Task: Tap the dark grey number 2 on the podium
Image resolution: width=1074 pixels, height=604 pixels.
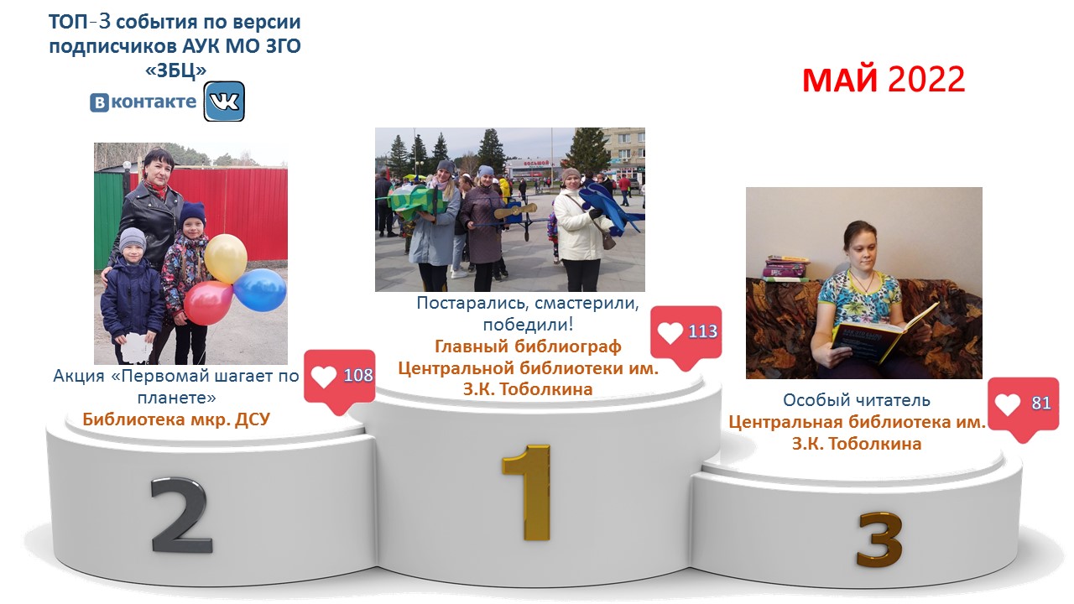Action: pos(180,515)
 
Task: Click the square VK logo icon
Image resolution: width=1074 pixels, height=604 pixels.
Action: pos(224,102)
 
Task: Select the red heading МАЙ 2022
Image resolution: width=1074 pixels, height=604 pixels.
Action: pos(884,80)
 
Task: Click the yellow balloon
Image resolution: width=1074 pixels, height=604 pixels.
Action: pos(226,258)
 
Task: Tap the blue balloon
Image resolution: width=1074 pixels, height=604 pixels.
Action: pos(260,289)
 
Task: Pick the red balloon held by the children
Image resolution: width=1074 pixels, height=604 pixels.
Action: pos(209,303)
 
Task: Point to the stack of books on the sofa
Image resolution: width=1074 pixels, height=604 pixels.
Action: pos(786,268)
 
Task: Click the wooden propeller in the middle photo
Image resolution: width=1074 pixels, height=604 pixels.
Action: pos(515,211)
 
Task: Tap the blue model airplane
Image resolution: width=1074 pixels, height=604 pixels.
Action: pos(609,207)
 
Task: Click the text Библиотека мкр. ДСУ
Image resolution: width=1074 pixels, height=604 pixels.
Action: pos(176,419)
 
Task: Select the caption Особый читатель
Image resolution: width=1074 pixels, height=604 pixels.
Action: pos(857,400)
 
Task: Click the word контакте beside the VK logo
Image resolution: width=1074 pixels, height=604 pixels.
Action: pos(154,102)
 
